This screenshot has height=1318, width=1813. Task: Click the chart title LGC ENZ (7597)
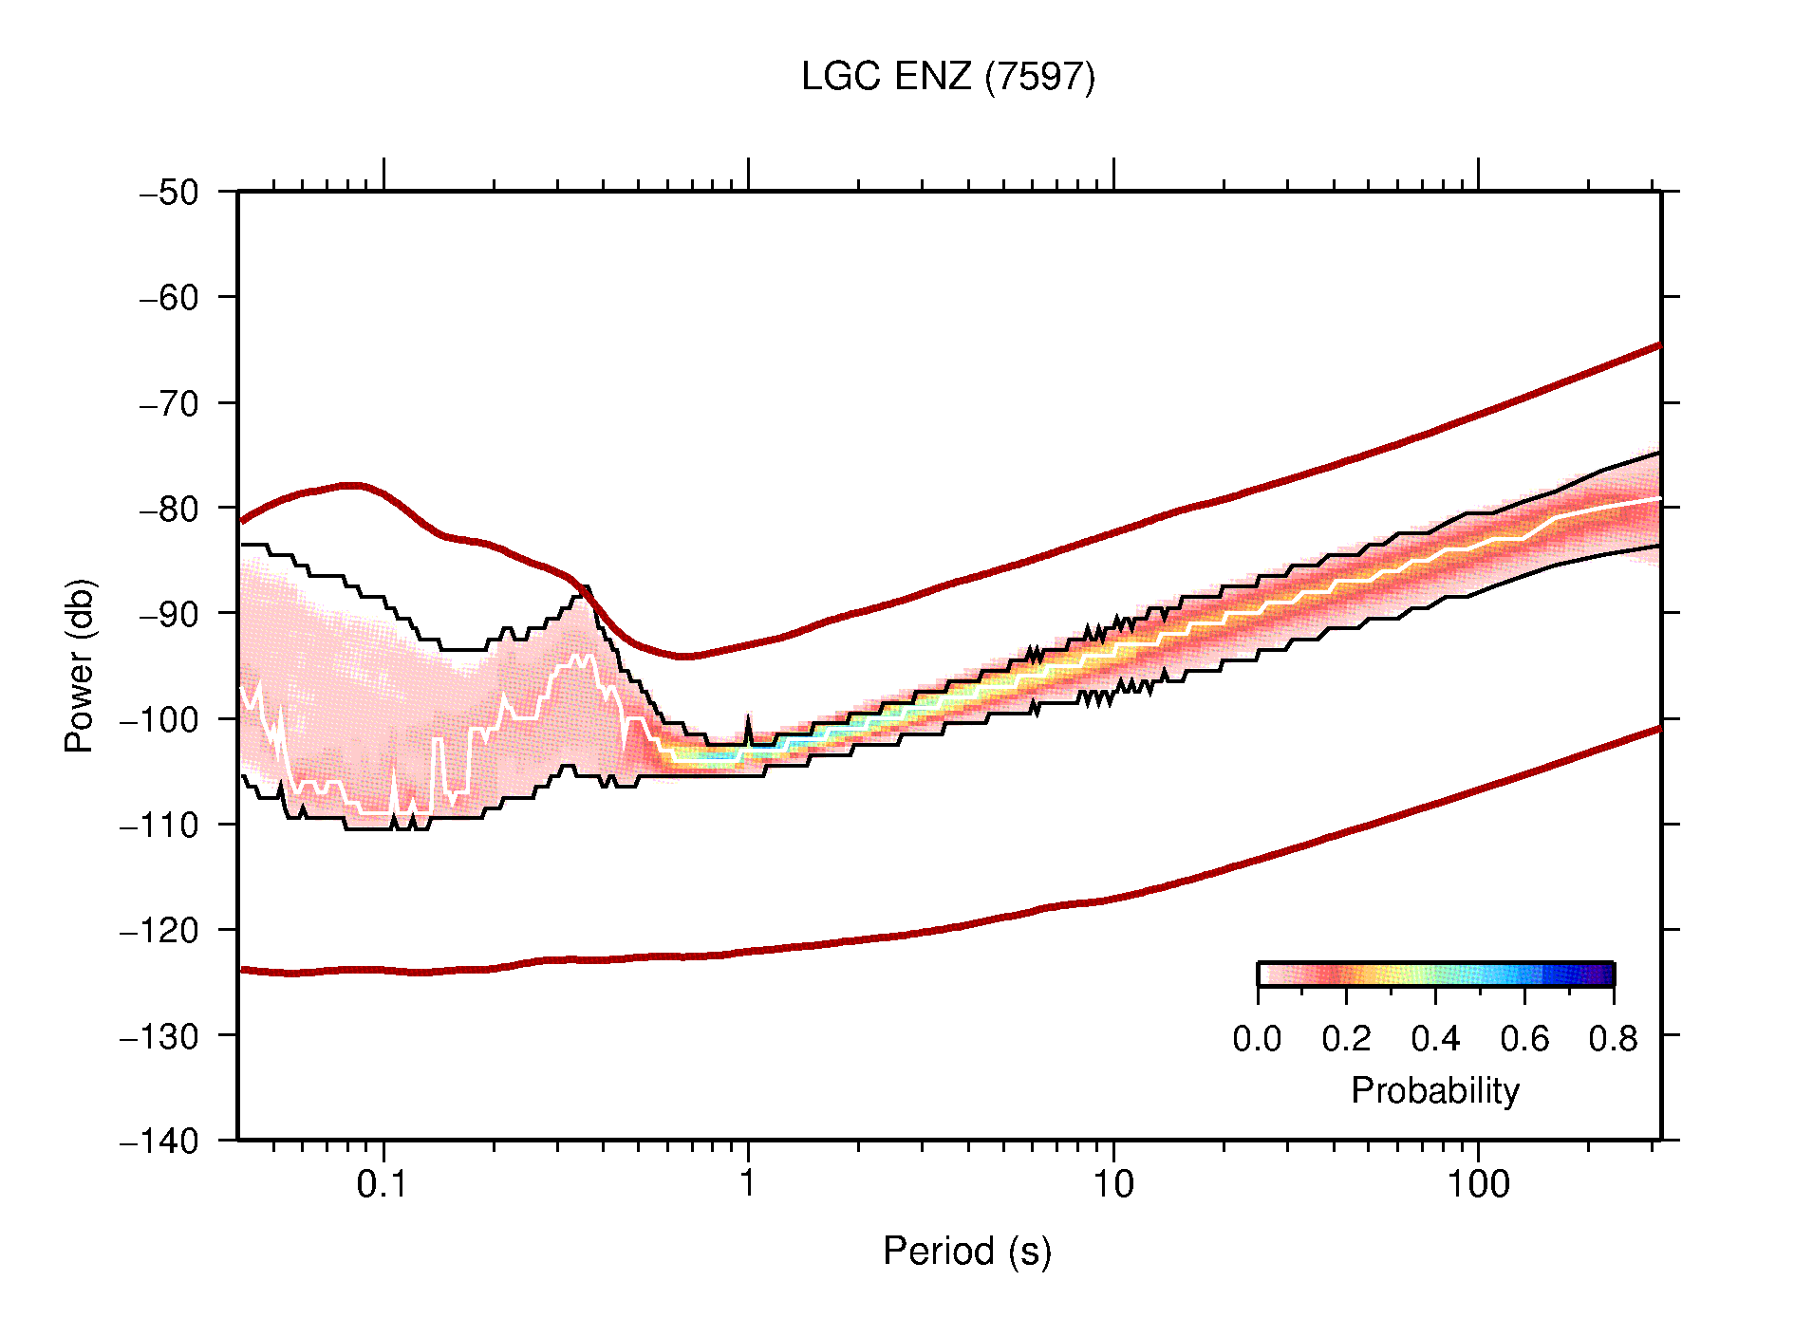coord(947,77)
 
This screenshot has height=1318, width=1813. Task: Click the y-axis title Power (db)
coord(81,665)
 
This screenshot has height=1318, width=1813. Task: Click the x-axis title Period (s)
coord(966,1252)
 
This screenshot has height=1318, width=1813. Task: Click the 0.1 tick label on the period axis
coord(383,1184)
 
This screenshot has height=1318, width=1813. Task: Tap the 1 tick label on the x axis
coord(748,1184)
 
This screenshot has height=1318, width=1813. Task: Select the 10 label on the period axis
coord(1112,1184)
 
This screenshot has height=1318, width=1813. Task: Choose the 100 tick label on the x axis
coord(1477,1184)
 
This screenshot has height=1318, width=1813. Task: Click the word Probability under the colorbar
coord(1434,1091)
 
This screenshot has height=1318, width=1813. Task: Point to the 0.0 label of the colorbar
coord(1257,1039)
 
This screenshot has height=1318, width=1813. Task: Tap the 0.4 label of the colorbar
coord(1435,1039)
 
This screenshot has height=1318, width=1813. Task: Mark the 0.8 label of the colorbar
coord(1613,1039)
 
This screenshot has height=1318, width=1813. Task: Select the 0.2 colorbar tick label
coord(1346,1039)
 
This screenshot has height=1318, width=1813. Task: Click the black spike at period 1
coord(748,726)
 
